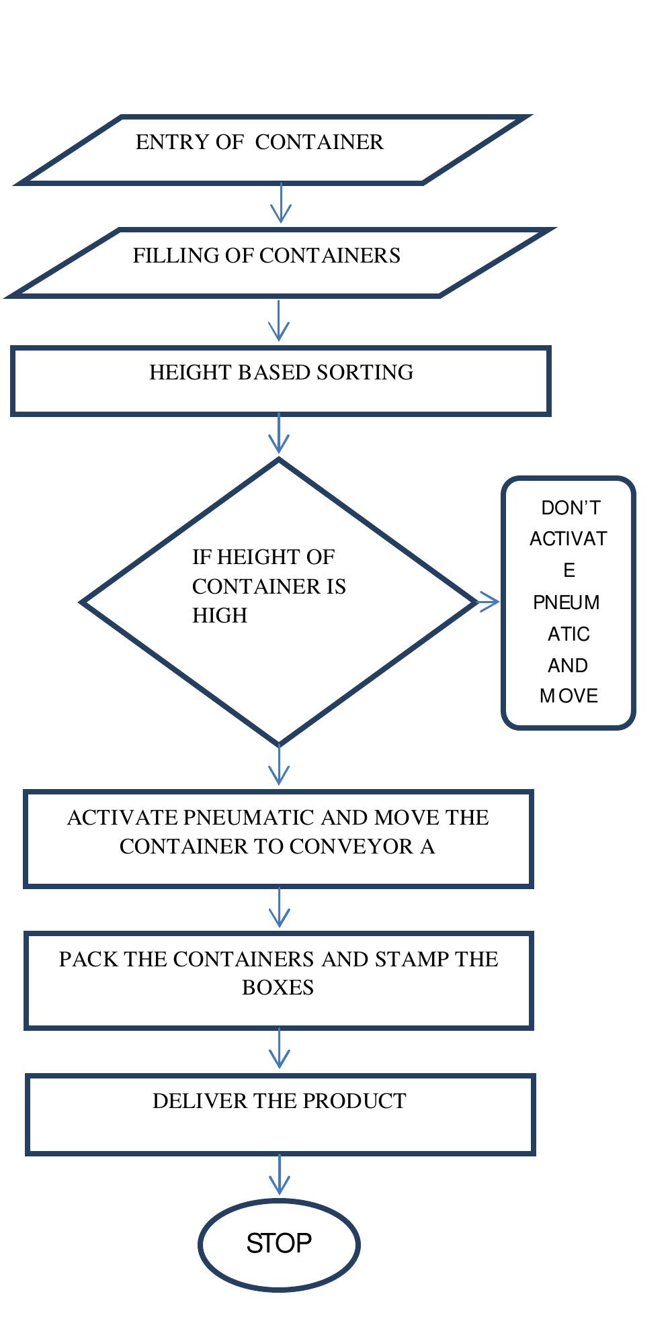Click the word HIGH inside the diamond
coord(220,616)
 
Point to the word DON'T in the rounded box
coord(570,508)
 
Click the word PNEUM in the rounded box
coord(566,602)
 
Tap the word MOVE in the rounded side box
coord(569,696)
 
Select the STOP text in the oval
coord(279,1243)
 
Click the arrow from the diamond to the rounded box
coord(489,602)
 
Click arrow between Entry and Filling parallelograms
coord(280,203)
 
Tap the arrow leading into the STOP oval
coord(279,1175)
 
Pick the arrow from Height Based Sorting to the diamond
coord(278,434)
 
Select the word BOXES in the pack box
coord(278,988)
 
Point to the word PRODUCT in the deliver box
coord(354,1101)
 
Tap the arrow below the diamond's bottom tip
coord(278,765)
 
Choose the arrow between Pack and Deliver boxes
coord(279,1048)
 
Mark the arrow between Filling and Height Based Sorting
coord(278,320)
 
